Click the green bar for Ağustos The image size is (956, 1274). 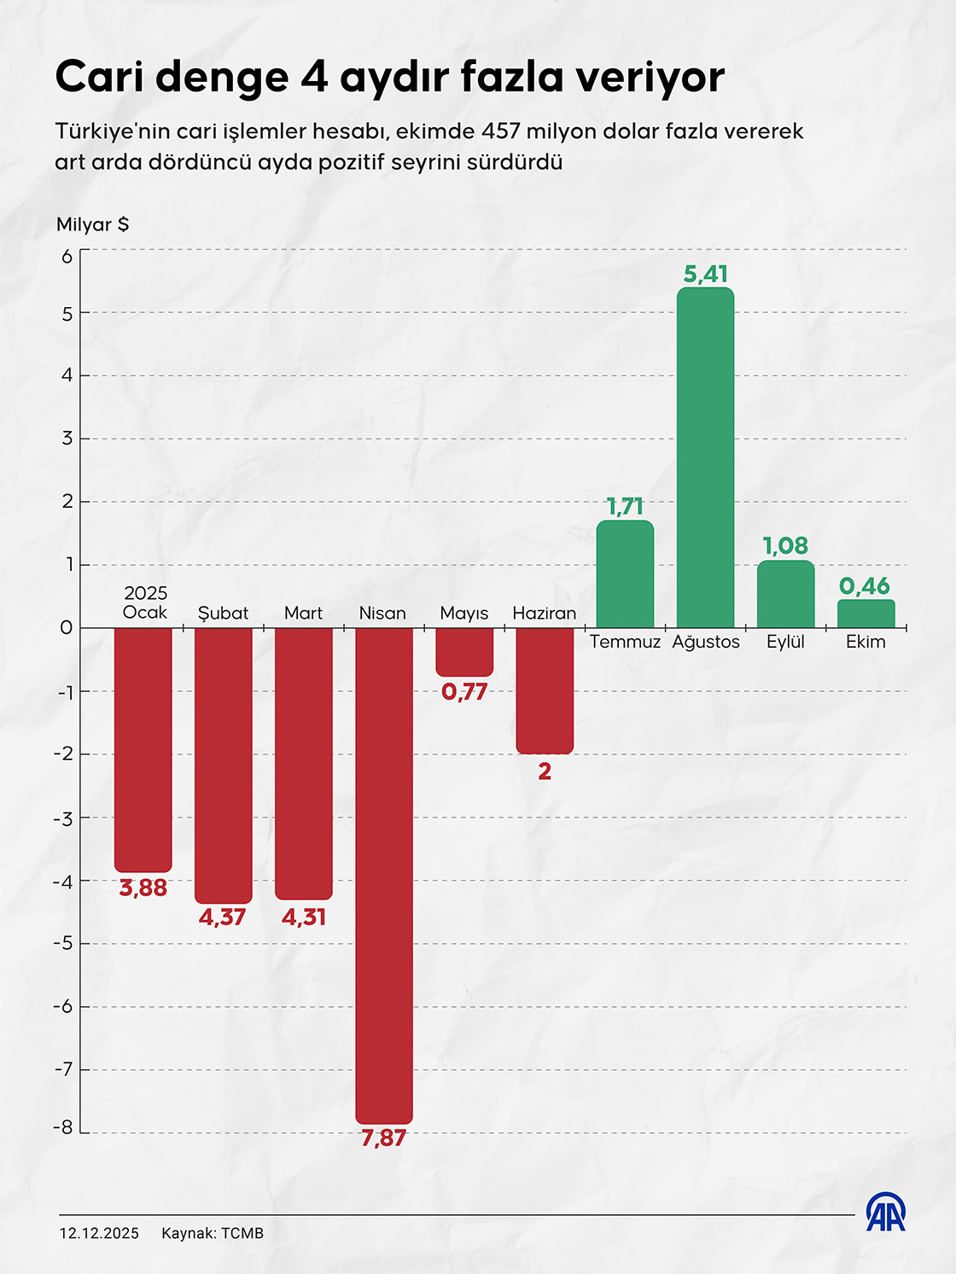click(x=705, y=457)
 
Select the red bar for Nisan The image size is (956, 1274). click(x=384, y=875)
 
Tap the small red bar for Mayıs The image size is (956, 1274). click(x=464, y=652)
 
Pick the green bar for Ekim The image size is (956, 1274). click(x=866, y=614)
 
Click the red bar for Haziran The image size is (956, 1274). click(x=545, y=690)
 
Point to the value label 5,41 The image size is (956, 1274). click(x=705, y=274)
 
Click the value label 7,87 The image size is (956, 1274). click(x=384, y=1137)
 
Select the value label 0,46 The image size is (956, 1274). click(x=865, y=586)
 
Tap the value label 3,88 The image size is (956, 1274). click(x=143, y=888)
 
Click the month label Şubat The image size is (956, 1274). click(x=223, y=614)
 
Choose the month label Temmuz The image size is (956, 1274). click(x=625, y=642)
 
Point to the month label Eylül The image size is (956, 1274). click(x=785, y=642)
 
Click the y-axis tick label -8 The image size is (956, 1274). click(x=64, y=1128)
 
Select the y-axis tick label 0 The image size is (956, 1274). click(x=67, y=628)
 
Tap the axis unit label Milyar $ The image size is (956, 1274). click(x=92, y=224)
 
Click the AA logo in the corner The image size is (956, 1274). click(x=886, y=1213)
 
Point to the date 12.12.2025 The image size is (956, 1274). click(x=99, y=1233)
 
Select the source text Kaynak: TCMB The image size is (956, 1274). click(x=213, y=1233)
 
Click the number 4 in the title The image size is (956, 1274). click(x=314, y=77)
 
